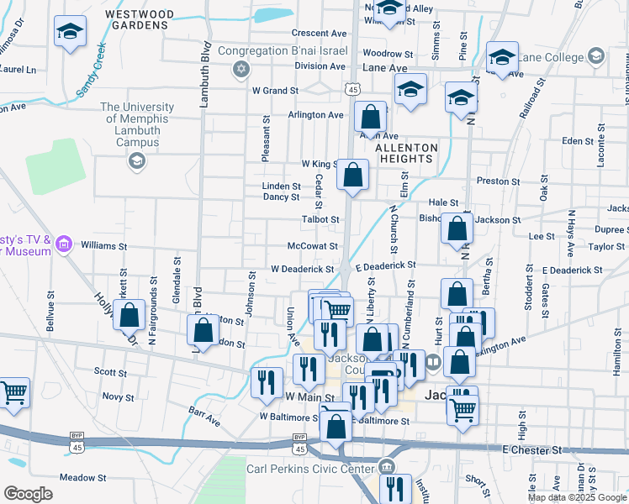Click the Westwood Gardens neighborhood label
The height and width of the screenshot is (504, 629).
point(140,20)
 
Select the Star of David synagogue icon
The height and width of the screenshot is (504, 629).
point(242,68)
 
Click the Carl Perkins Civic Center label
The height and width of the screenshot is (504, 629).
point(309,468)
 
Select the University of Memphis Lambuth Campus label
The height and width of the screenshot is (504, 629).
point(138,125)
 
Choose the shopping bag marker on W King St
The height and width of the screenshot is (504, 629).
point(353,175)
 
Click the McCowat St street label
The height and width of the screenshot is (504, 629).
point(313,246)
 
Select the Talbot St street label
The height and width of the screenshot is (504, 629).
point(320,219)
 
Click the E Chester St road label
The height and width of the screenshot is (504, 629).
point(531,450)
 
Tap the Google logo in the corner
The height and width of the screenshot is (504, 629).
point(28,494)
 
